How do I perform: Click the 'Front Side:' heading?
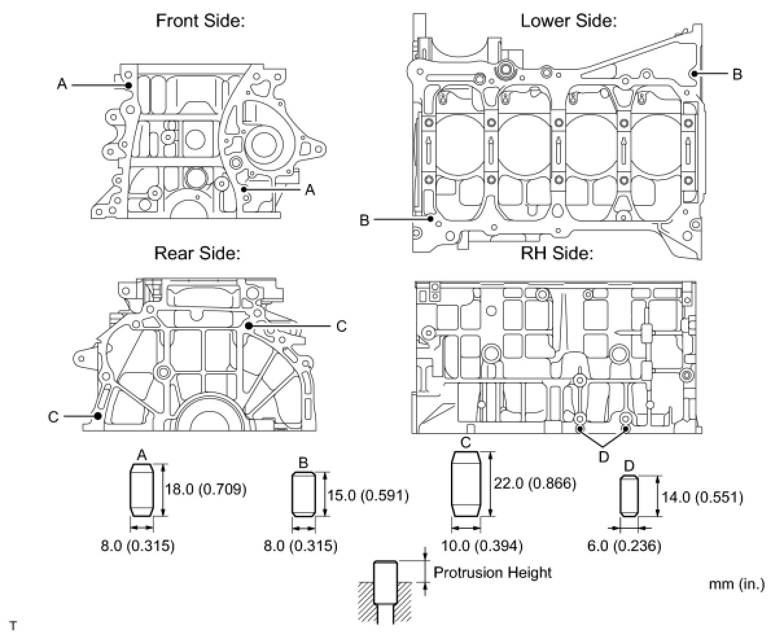(x=200, y=20)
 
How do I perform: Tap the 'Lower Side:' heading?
(x=568, y=20)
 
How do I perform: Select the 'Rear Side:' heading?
(x=197, y=253)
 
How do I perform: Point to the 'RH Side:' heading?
(x=557, y=253)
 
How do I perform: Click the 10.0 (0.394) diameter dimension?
(x=481, y=546)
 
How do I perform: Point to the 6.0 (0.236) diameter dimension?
(x=628, y=546)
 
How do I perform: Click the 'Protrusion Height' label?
(x=492, y=572)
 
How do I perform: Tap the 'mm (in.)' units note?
(x=737, y=584)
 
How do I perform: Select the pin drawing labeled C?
(x=465, y=484)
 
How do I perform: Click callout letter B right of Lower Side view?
(x=737, y=74)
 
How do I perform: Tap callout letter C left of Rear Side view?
(x=54, y=416)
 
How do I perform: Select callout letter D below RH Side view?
(x=603, y=456)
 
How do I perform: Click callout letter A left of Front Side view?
(x=62, y=84)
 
